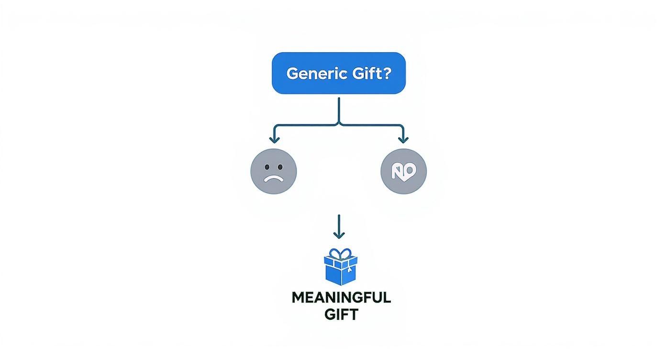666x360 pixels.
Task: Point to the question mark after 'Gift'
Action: click(x=387, y=73)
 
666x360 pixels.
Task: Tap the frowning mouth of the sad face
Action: click(x=273, y=179)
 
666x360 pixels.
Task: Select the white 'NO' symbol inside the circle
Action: click(x=403, y=171)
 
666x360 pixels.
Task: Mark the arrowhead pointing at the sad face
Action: click(x=274, y=139)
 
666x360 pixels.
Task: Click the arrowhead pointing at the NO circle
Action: click(x=403, y=139)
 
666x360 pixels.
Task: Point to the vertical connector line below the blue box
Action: click(x=339, y=110)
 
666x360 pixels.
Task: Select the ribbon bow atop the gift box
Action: click(x=340, y=254)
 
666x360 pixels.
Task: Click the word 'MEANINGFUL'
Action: click(x=341, y=297)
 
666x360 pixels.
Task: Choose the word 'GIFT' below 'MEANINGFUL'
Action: click(x=341, y=315)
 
